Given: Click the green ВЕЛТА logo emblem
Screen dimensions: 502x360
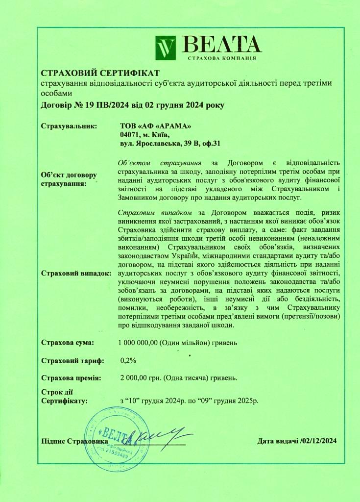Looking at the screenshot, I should [165, 48].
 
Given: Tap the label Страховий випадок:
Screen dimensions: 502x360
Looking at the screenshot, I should [76, 273].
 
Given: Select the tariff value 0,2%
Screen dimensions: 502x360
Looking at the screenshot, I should [128, 361].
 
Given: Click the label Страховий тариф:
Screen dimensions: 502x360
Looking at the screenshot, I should [72, 361].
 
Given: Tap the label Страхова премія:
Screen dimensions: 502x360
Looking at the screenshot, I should [71, 378].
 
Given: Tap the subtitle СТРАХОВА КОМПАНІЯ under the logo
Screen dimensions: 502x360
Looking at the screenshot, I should [221, 58].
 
